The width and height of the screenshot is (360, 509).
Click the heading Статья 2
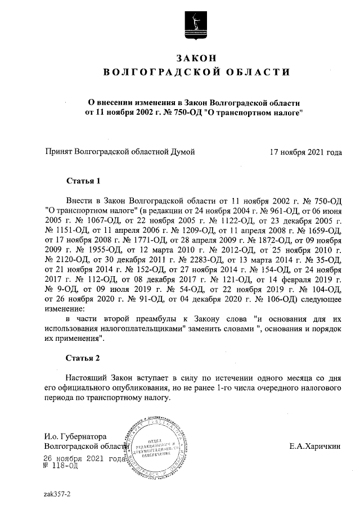coord(83,358)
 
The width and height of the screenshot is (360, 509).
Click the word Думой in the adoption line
coord(183,152)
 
